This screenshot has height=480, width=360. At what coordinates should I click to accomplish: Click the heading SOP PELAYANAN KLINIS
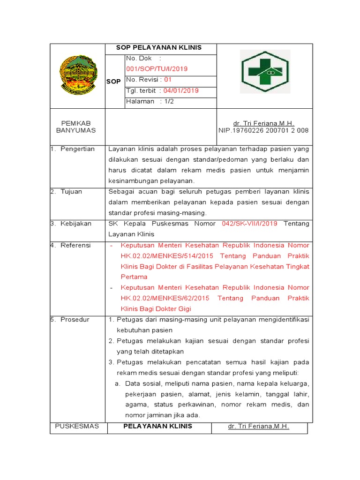click(159, 48)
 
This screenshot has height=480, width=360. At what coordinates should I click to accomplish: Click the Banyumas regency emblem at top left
click(78, 73)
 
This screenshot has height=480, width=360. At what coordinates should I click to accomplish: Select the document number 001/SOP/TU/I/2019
click(157, 68)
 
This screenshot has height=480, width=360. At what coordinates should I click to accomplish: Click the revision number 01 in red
click(168, 80)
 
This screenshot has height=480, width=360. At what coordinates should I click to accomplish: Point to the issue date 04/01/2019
click(181, 90)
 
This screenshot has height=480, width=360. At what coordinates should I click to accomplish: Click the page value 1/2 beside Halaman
click(169, 101)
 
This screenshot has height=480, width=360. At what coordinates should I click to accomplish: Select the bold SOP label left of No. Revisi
click(114, 81)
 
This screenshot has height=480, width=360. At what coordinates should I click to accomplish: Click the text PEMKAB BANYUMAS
click(75, 127)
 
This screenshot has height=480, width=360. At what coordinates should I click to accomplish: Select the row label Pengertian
click(77, 149)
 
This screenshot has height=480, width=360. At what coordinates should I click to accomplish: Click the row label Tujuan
click(71, 192)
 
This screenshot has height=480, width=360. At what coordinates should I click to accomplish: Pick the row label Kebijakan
click(76, 224)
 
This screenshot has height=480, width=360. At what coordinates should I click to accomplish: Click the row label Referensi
click(75, 245)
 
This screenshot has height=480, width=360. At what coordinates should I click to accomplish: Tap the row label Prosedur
click(75, 320)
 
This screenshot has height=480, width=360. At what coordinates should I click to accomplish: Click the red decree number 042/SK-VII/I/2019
click(250, 224)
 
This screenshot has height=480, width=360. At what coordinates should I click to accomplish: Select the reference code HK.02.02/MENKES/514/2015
click(167, 256)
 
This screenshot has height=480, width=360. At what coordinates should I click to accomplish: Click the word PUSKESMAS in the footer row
click(77, 426)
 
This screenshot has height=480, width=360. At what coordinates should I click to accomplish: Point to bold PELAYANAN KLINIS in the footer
click(157, 426)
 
